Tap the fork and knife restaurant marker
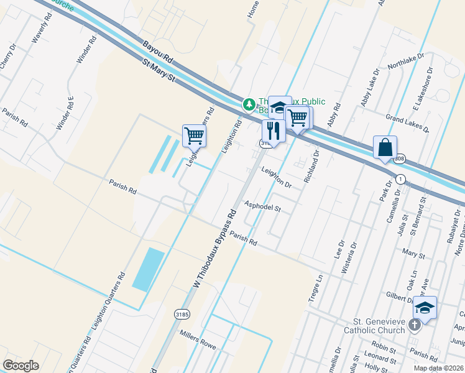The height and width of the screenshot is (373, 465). (x=273, y=131)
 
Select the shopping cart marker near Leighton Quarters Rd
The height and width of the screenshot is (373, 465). (x=195, y=136)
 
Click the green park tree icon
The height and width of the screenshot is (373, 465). (x=249, y=103)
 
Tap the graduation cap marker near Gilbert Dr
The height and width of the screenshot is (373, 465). (x=425, y=308)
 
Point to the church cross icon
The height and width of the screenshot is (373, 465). (x=416, y=324)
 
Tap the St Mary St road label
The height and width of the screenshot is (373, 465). (x=160, y=71)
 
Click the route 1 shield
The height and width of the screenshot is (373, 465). (x=401, y=179)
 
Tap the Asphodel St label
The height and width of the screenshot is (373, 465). (x=263, y=206)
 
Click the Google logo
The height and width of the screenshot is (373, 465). (x=21, y=365)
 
